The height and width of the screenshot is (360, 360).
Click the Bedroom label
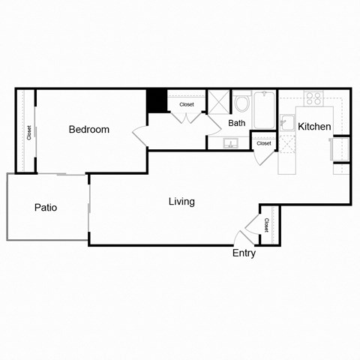tap(88, 129)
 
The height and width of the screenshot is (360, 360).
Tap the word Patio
tap(46, 208)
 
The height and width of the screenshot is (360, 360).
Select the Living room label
tap(181, 201)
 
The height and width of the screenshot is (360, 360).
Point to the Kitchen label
tap(314, 127)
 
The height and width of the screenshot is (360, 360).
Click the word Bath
tap(237, 123)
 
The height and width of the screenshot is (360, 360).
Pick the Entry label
tap(244, 253)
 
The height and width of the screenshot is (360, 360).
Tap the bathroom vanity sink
tap(229, 142)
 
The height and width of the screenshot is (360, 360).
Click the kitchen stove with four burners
tap(313, 97)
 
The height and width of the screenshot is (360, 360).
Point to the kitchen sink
tap(286, 122)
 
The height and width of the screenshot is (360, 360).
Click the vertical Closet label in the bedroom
tap(28, 133)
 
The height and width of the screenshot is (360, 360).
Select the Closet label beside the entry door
tap(266, 224)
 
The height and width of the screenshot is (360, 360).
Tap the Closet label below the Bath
tap(263, 143)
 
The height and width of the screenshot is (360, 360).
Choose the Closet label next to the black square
tap(187, 104)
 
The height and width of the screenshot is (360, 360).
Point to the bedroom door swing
tap(141, 135)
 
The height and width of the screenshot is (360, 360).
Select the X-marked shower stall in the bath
tap(219, 102)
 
